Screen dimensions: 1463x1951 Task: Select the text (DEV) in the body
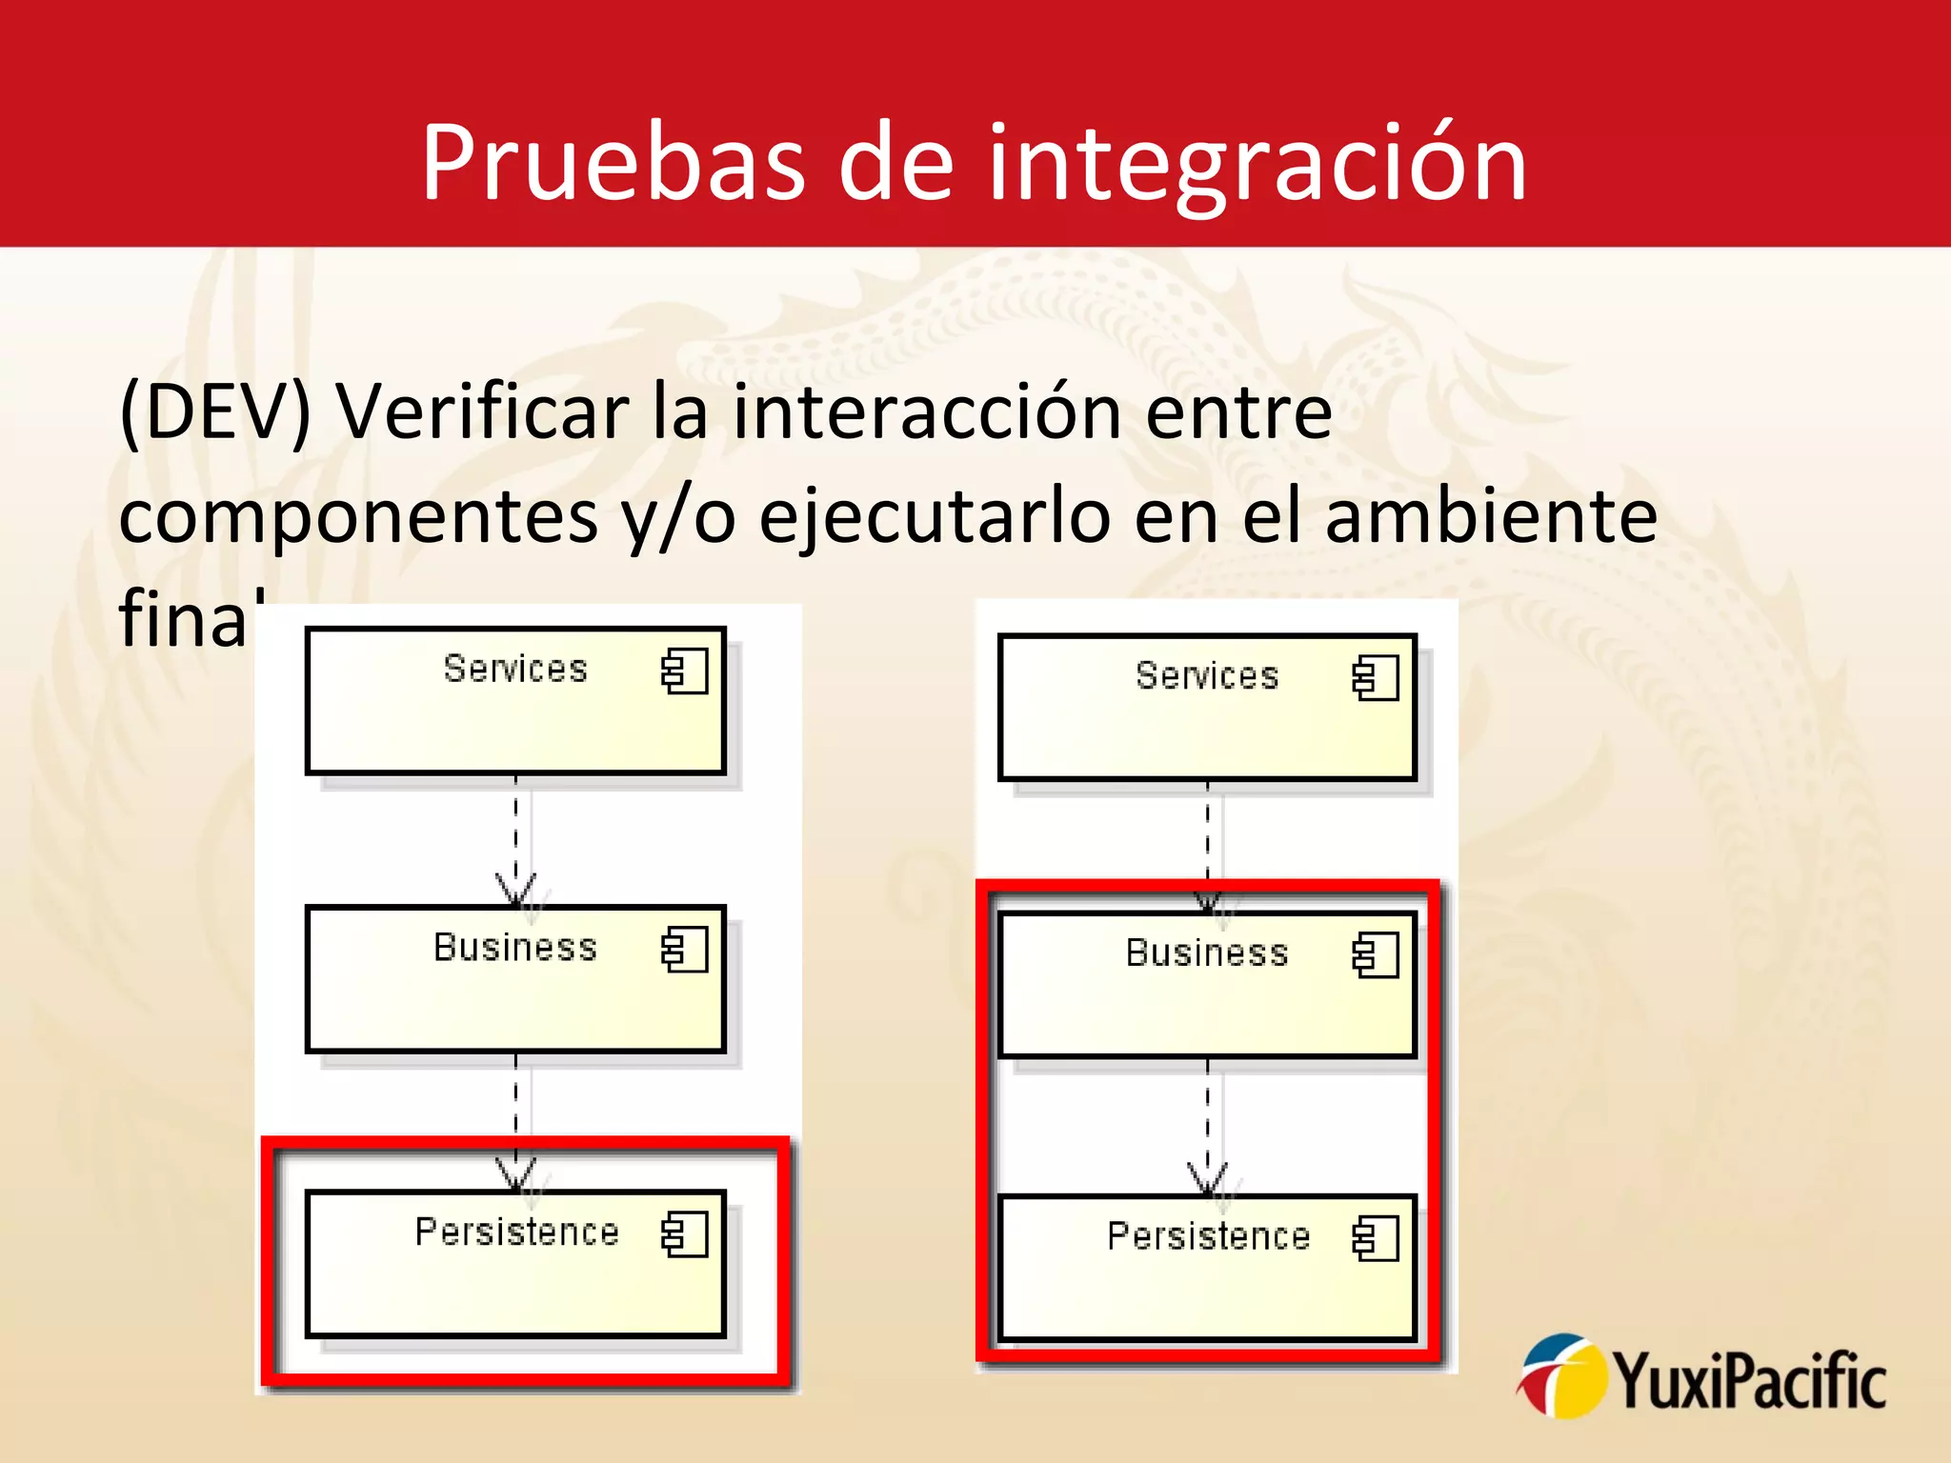point(215,411)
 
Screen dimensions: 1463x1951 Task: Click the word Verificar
point(481,411)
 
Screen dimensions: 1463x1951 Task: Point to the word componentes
point(358,516)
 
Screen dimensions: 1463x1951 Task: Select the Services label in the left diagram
point(515,669)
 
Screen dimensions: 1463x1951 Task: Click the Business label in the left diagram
point(515,948)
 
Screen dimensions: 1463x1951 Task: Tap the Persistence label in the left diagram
point(517,1232)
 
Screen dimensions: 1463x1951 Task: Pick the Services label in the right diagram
point(1207,675)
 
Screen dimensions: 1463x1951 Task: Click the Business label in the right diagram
point(1207,952)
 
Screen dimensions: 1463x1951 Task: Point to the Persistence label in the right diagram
point(1208,1236)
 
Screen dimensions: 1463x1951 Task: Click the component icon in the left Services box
point(685,671)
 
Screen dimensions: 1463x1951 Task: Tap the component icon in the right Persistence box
point(1376,1239)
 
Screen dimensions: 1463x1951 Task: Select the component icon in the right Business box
point(1376,955)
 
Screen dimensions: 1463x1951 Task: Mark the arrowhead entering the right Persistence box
point(1207,1182)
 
